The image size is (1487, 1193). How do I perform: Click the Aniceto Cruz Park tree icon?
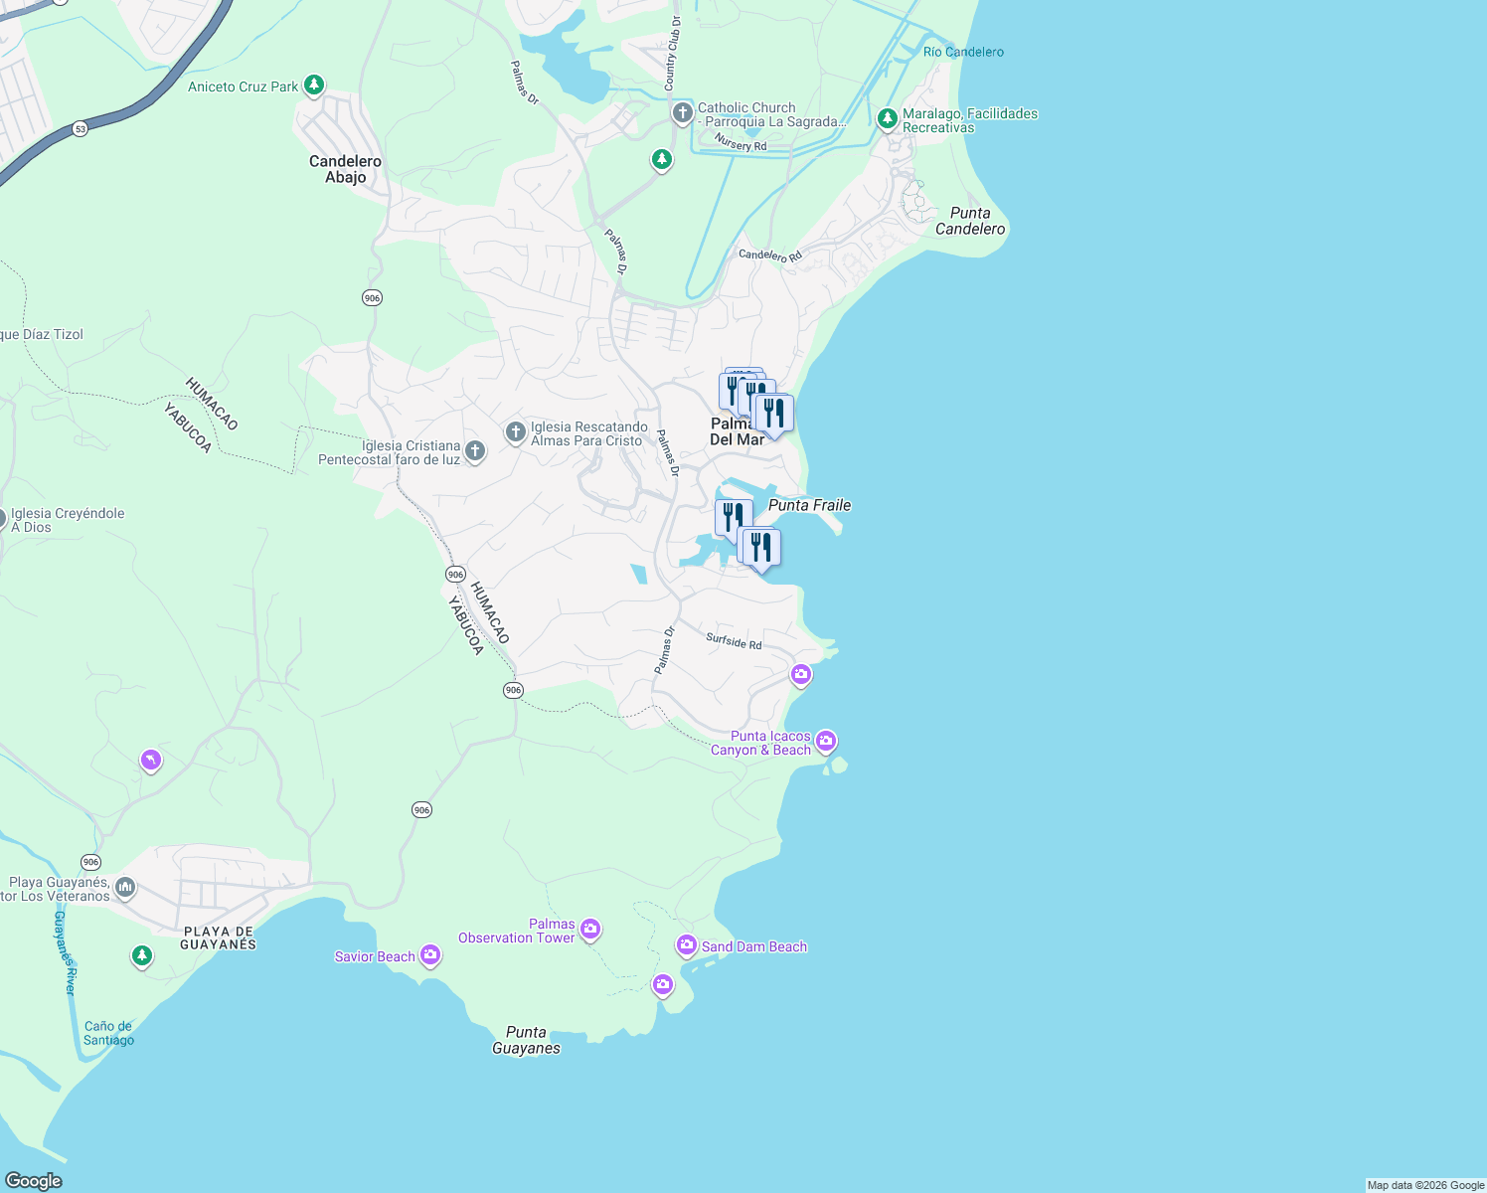(314, 85)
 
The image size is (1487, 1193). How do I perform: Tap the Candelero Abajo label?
(345, 169)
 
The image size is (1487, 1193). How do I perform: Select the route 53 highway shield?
(81, 129)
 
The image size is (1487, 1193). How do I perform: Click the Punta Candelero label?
(970, 221)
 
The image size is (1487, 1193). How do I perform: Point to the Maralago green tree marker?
(887, 119)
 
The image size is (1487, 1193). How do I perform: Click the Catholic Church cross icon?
(682, 112)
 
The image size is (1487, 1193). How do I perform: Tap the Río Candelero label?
(963, 52)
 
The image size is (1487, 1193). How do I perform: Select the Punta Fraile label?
(809, 505)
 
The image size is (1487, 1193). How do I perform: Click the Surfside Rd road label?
(734, 641)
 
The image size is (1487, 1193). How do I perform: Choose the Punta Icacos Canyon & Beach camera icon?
(826, 741)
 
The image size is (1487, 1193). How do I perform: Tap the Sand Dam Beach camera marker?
(687, 944)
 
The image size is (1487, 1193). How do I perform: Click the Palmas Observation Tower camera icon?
(590, 929)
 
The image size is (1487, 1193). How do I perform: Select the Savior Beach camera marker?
(430, 954)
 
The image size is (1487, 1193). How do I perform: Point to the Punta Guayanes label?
(526, 1040)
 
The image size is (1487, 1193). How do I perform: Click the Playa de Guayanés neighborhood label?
(218, 938)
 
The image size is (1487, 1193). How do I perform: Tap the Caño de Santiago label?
(108, 1033)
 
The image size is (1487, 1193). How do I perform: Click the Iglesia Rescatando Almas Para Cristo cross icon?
(515, 431)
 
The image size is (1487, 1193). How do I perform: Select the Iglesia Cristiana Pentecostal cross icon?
(475, 451)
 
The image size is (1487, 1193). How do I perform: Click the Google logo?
(34, 1180)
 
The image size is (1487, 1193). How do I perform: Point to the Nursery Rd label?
(741, 144)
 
